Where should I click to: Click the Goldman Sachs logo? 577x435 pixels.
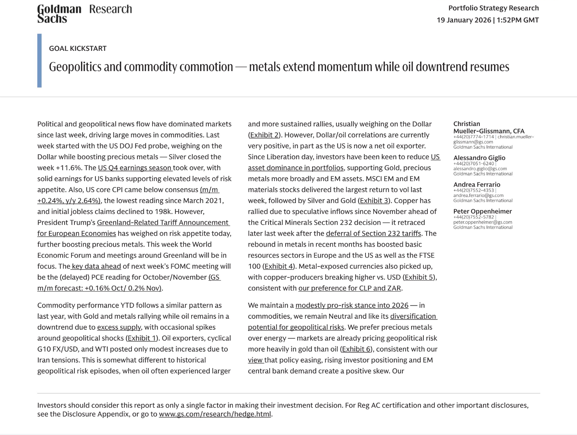tap(59, 14)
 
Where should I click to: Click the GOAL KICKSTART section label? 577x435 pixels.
tap(78, 48)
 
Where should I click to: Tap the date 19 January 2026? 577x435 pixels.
tap(464, 20)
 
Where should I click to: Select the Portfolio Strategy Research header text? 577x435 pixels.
tap(493, 8)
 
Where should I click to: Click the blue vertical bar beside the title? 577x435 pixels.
tap(39, 60)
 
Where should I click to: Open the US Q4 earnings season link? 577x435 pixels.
tap(135, 168)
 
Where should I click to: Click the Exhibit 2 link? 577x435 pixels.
tap(264, 135)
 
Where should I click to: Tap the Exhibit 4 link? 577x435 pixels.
tap(279, 266)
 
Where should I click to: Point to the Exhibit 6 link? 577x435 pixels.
tap(356, 349)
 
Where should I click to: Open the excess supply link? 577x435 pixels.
tap(119, 327)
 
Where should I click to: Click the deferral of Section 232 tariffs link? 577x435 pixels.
tap(373, 233)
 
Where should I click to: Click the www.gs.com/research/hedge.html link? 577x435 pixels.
tap(215, 414)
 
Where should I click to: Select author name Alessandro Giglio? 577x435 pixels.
tap(479, 158)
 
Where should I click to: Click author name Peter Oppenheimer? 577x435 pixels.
tap(482, 211)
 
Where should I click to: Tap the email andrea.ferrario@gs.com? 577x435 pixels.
tap(478, 195)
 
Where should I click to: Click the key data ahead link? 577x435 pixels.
tap(96, 266)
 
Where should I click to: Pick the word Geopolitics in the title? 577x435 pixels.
tap(75, 67)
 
